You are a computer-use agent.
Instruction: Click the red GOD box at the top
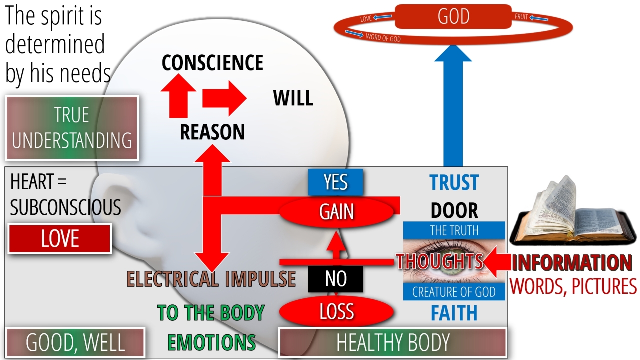coord(453,16)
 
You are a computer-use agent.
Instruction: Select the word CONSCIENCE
coord(212,63)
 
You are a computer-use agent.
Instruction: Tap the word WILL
coord(293,98)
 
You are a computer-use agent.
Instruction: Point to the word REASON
coord(212,132)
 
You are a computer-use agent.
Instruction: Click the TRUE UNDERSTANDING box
coord(72,128)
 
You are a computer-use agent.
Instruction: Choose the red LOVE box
coord(60,239)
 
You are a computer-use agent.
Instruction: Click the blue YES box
coord(335,182)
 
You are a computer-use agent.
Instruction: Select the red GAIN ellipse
coord(337,212)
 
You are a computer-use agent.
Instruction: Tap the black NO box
coord(335,279)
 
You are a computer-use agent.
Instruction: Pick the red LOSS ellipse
coord(336,312)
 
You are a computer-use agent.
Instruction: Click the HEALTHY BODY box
coord(393,342)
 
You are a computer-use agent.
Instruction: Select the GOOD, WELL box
coord(75,343)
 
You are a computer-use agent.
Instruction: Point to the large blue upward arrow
coord(453,110)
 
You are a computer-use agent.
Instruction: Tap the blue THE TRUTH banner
coord(454,230)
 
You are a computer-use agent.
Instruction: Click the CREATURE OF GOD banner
coord(454,292)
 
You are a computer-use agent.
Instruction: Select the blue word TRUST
coord(454,183)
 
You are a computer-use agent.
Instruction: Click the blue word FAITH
coord(454,313)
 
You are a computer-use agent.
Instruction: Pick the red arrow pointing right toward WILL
coord(224,98)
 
